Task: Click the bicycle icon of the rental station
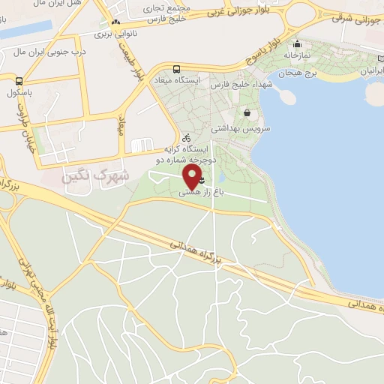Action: (x=187, y=138)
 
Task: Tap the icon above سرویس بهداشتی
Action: (x=247, y=113)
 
